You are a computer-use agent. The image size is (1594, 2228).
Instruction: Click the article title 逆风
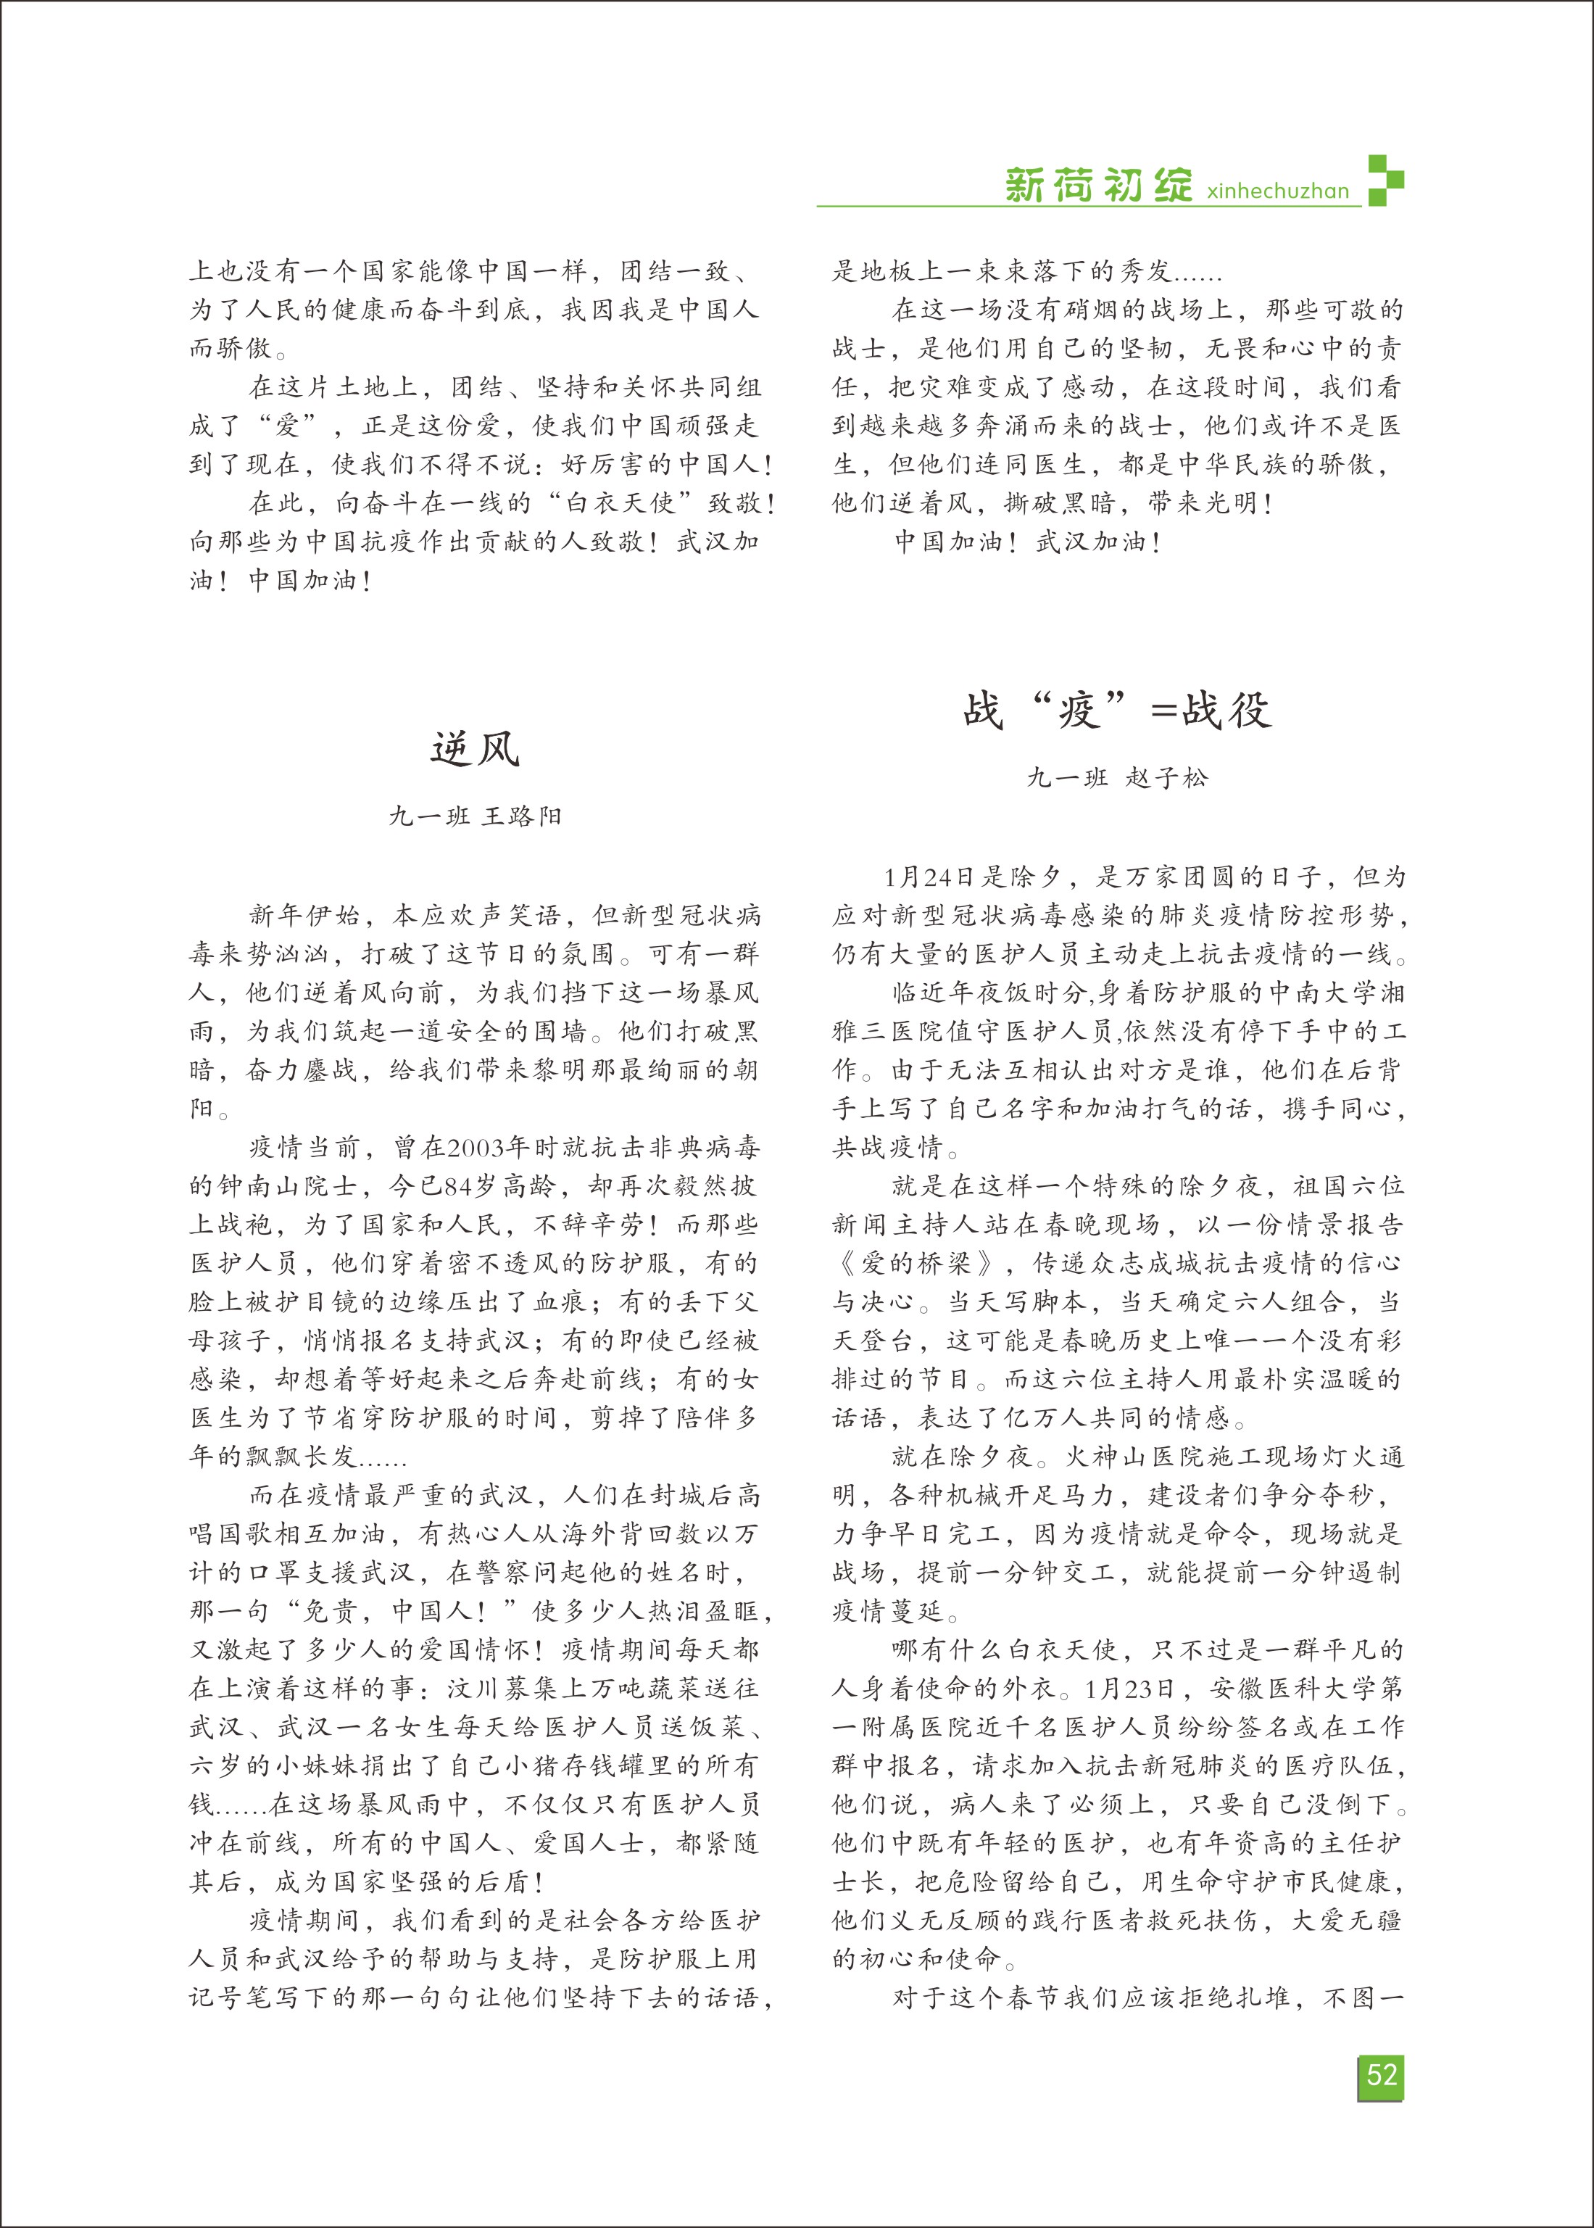click(475, 750)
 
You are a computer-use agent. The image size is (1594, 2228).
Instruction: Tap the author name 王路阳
click(522, 816)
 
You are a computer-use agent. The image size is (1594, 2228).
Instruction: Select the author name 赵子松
click(1167, 779)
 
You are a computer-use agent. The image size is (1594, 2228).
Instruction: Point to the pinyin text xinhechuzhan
click(1278, 191)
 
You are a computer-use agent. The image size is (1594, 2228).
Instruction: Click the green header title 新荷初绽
click(1098, 185)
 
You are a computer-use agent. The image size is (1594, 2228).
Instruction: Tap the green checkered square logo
click(1385, 180)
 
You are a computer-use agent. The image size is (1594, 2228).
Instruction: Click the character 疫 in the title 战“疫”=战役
click(1079, 711)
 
